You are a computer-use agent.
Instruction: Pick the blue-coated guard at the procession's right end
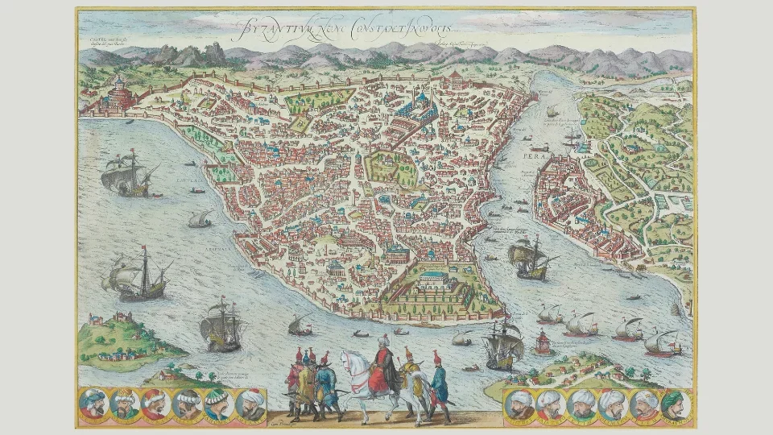(438, 383)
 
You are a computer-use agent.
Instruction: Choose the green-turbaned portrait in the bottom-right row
(674, 405)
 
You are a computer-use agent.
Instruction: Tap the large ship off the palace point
(531, 258)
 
